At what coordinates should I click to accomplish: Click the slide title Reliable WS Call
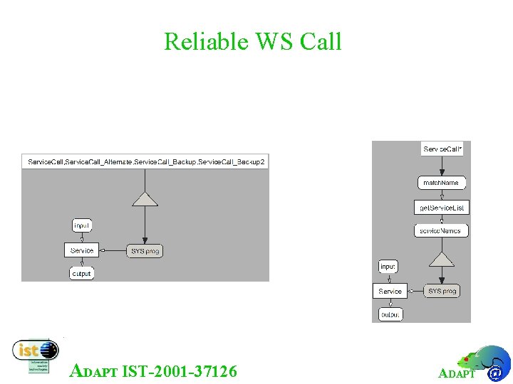253,41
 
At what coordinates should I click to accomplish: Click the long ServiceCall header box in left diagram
146,162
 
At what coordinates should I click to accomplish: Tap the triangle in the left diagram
145,198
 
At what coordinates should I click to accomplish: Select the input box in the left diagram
82,225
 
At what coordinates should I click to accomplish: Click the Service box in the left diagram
82,250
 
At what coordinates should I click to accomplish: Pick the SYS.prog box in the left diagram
145,250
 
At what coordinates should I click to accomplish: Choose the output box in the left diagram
82,273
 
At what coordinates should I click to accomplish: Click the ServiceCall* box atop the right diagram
442,149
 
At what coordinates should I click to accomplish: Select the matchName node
441,183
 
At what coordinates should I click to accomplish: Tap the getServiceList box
442,208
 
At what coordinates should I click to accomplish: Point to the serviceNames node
440,230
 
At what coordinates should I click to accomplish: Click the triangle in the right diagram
442,258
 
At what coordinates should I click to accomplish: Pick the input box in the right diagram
388,267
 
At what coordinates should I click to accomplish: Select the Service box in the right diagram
390,291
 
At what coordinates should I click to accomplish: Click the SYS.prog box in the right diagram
442,291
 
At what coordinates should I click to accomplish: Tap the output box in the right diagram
390,314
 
